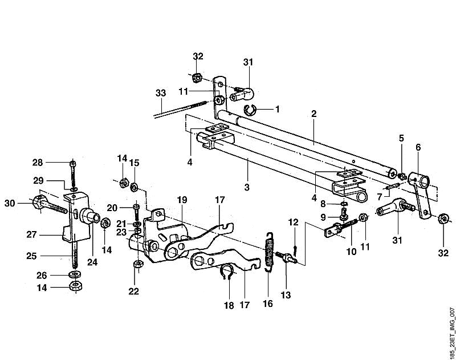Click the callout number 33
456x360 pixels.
161,93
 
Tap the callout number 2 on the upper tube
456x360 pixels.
313,114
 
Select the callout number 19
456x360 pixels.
182,200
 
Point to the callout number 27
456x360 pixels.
31,234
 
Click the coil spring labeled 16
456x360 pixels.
270,253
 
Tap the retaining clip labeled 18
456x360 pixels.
227,273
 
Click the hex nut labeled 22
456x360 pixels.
138,264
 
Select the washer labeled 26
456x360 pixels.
75,274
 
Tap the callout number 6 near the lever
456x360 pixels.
418,147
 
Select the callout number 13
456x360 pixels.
286,295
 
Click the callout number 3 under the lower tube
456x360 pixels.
247,187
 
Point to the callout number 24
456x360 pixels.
92,262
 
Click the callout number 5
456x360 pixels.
402,138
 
